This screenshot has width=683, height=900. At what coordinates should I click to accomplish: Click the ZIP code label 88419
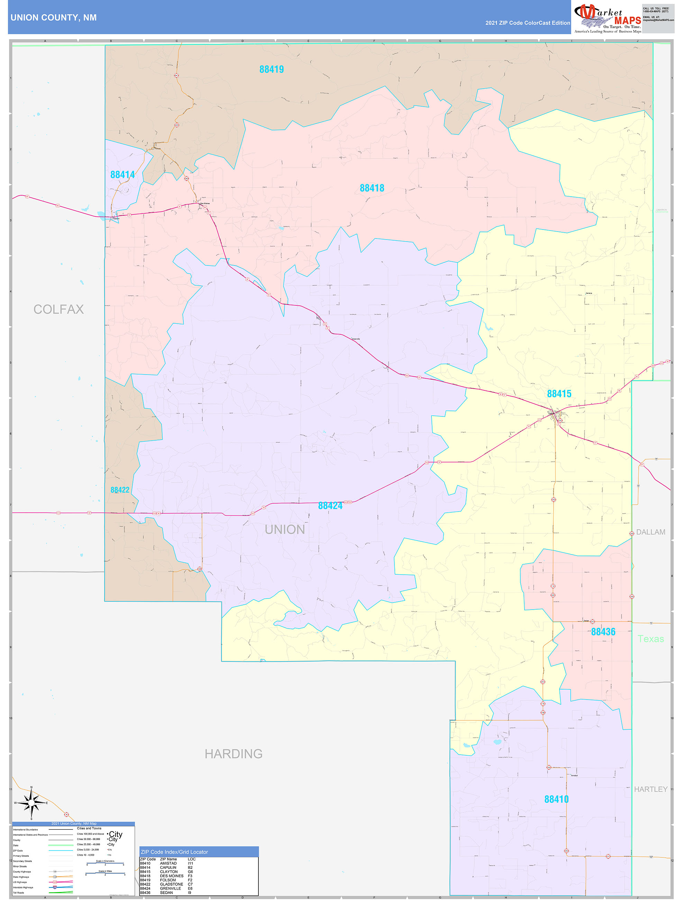coord(271,70)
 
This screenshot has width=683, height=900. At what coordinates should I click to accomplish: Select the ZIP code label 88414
coord(122,174)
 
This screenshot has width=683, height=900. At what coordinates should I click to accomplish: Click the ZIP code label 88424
coord(330,506)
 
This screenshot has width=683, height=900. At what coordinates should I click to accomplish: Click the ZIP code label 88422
coord(120,490)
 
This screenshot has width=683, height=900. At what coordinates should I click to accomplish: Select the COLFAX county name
coord(58,309)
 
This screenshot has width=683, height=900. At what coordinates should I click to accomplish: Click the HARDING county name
coord(233,754)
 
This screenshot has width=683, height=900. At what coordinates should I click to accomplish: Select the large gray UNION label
coord(284,529)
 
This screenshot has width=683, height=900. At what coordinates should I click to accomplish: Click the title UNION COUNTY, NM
coord(54,18)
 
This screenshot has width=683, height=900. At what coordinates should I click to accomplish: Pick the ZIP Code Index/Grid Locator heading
coord(174,852)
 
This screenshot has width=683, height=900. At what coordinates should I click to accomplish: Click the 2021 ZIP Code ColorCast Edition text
coord(527,23)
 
